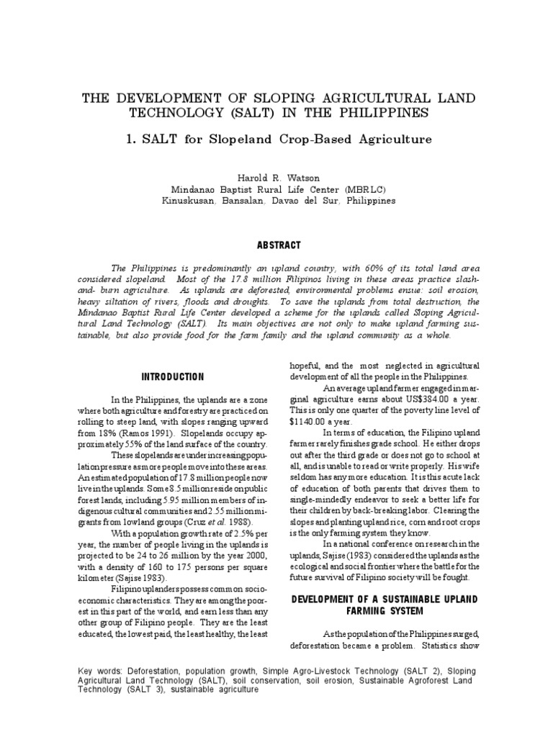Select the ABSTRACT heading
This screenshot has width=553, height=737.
coord(276,245)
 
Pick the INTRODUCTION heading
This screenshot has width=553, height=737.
coord(173,377)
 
